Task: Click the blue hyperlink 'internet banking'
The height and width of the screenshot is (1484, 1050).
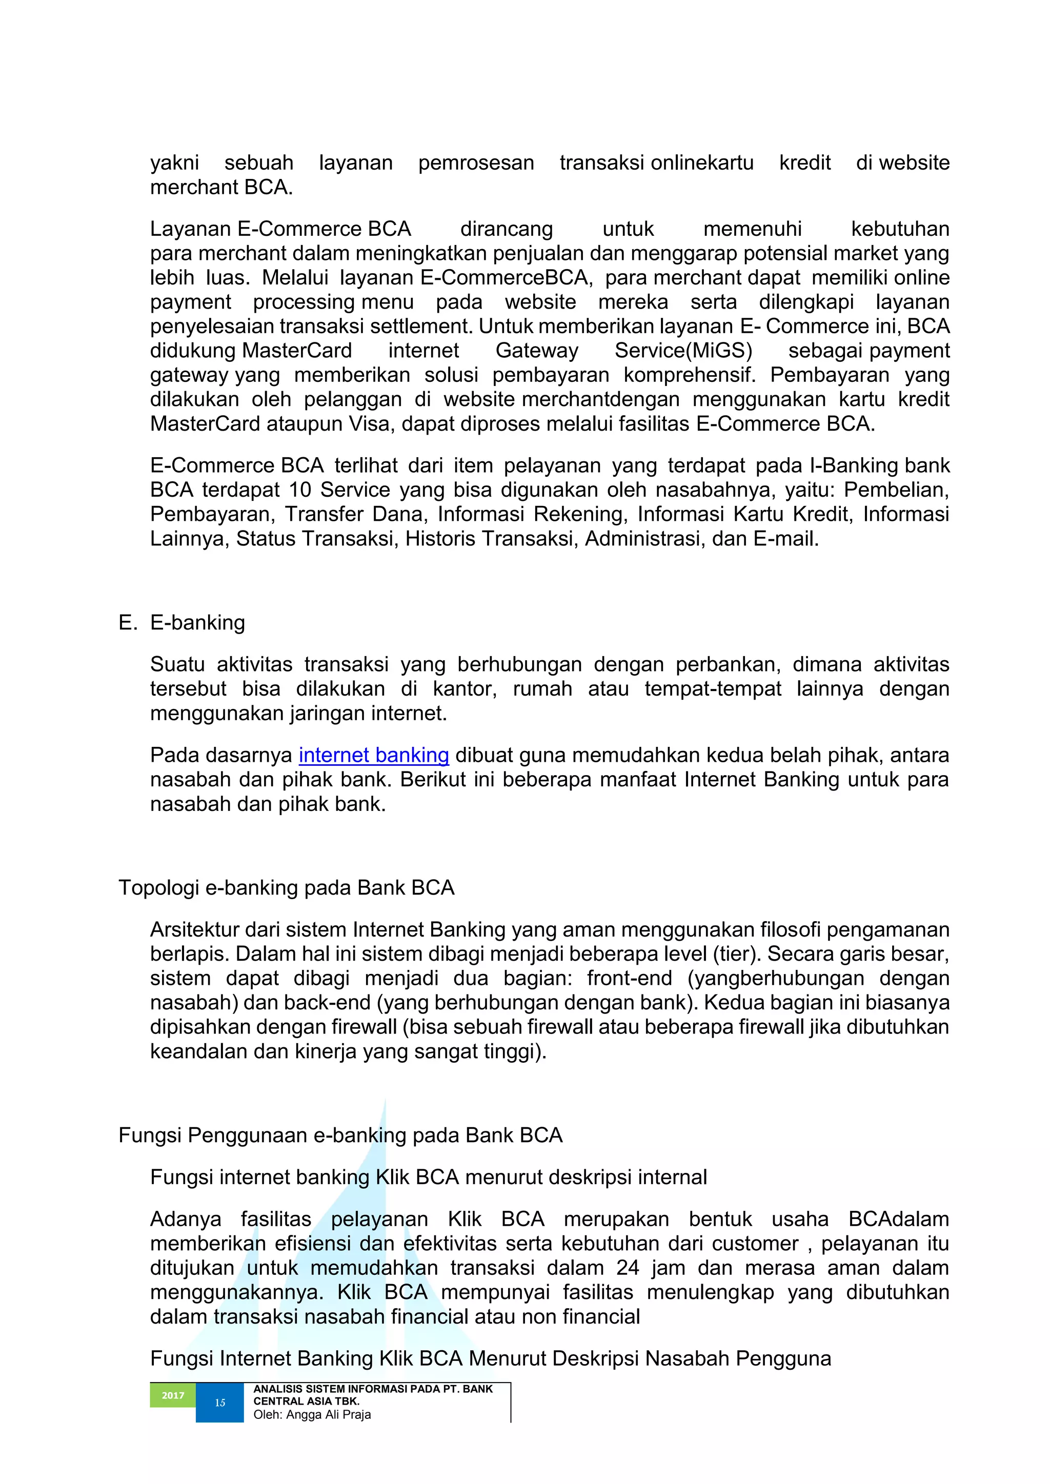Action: pos(373,755)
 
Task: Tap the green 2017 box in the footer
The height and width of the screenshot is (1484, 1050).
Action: pos(173,1395)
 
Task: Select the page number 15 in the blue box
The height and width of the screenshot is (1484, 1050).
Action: pos(220,1402)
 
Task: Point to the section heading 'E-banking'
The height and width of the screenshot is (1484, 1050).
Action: pos(197,622)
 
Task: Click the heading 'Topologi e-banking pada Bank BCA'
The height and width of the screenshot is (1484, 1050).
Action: pos(287,887)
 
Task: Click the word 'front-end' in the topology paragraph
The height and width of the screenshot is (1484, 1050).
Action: pos(629,979)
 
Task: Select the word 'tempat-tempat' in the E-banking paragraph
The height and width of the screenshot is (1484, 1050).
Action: pos(713,689)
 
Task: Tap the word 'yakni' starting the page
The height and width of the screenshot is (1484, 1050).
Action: pos(174,163)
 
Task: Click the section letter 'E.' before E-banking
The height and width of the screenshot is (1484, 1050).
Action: pos(127,622)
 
